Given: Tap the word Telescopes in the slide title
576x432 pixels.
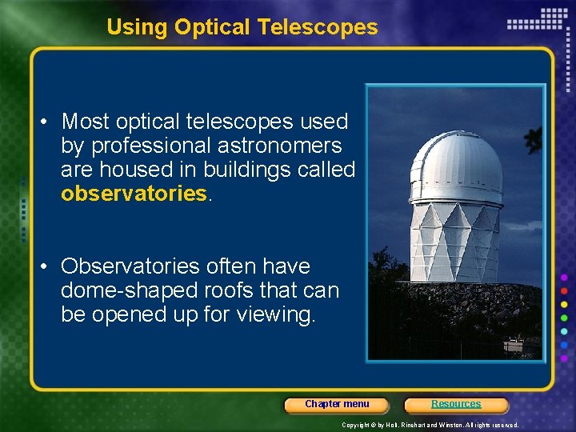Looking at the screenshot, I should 318,27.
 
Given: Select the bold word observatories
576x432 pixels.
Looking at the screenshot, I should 134,194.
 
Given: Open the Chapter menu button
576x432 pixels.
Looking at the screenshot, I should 337,405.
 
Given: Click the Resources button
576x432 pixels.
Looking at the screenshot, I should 456,405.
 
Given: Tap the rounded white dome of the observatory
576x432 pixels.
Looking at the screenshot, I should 456,168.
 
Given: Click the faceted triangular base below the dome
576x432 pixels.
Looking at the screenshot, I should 454,240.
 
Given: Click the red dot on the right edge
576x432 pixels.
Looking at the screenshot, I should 565,290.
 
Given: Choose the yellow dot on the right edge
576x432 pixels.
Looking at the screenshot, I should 565,305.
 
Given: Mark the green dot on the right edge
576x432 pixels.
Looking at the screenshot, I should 565,318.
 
